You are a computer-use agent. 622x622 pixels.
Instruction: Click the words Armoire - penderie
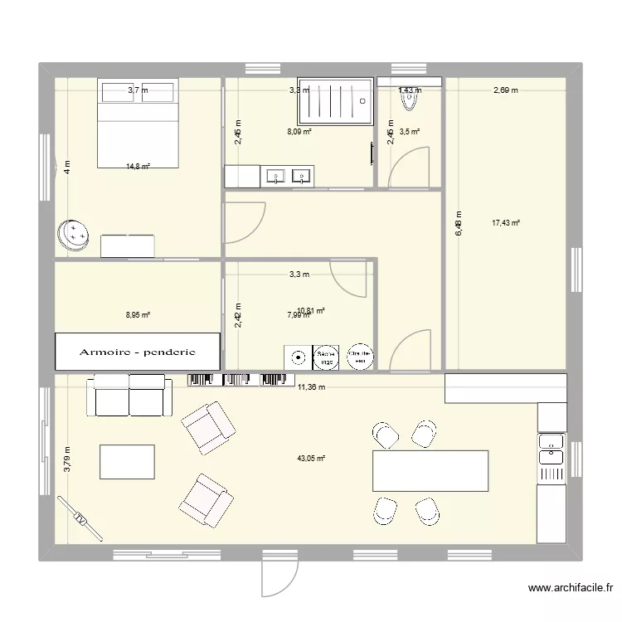(138, 352)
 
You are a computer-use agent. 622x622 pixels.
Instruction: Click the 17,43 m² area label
(505, 222)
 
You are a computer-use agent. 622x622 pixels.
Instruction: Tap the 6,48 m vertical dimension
(458, 223)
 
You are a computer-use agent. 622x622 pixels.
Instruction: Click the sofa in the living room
(130, 394)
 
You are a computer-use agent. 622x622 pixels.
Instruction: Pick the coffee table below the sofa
(127, 460)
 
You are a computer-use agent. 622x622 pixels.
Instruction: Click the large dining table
(430, 470)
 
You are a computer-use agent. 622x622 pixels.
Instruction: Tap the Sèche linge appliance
(325, 357)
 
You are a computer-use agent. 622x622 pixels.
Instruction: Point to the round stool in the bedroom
(75, 236)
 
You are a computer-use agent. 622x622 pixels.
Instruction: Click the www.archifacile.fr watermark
(569, 590)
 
